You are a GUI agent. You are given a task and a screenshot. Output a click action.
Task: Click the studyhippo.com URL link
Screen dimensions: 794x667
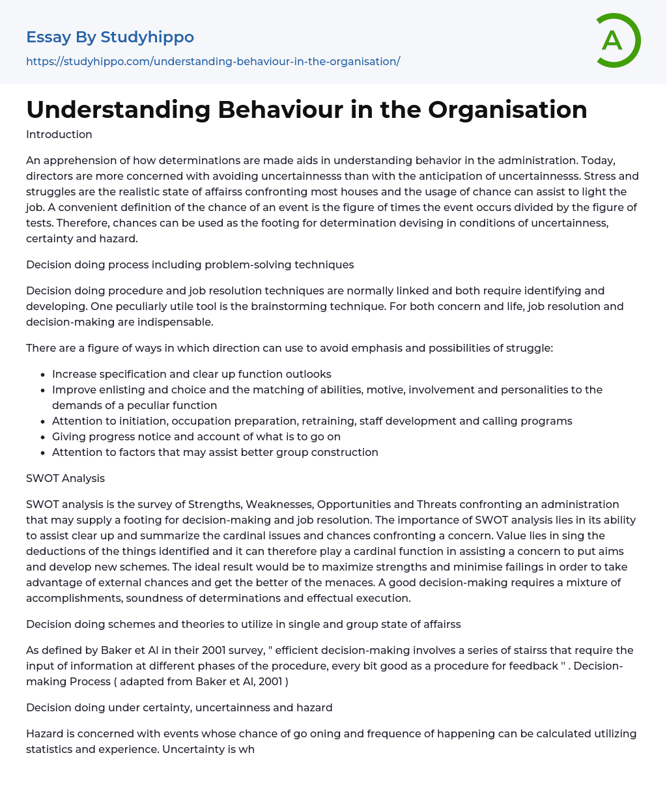click(213, 61)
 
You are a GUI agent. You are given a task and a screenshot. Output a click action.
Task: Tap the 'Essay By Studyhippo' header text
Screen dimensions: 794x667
click(110, 37)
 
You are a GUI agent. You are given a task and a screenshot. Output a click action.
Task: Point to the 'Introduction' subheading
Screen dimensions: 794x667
click(59, 134)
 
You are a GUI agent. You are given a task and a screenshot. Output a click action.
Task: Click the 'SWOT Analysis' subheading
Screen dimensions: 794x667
click(65, 478)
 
